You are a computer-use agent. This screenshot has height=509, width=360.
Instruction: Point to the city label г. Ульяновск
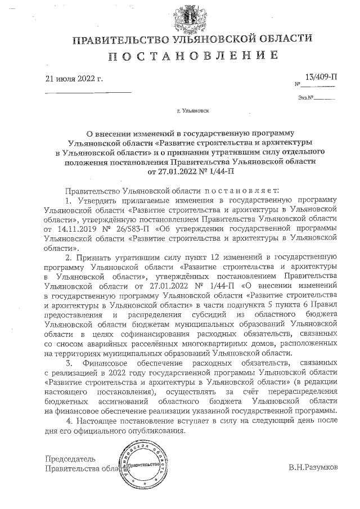pyautogui.click(x=193, y=111)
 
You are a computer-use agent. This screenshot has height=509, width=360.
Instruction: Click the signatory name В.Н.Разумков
pyautogui.click(x=313, y=467)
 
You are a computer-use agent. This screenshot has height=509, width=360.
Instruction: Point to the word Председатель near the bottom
pyautogui.click(x=70, y=458)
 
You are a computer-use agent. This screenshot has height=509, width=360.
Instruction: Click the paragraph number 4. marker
pyautogui.click(x=69, y=421)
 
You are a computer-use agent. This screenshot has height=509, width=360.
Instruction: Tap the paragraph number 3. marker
pyautogui.click(x=69, y=363)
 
